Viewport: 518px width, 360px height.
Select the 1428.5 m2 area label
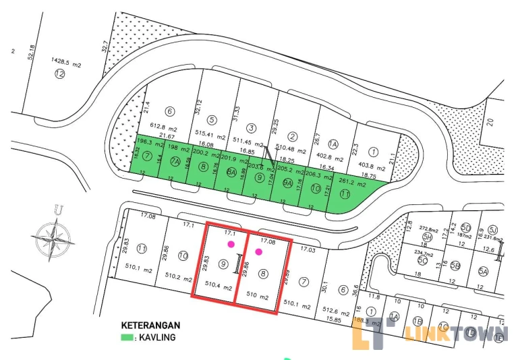(x=65, y=63)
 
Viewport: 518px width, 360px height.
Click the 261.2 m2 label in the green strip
(x=351, y=183)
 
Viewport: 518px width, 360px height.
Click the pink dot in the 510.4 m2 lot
(x=231, y=243)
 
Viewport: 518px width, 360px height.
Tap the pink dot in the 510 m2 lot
(x=258, y=252)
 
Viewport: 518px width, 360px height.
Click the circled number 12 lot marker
(x=59, y=73)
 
